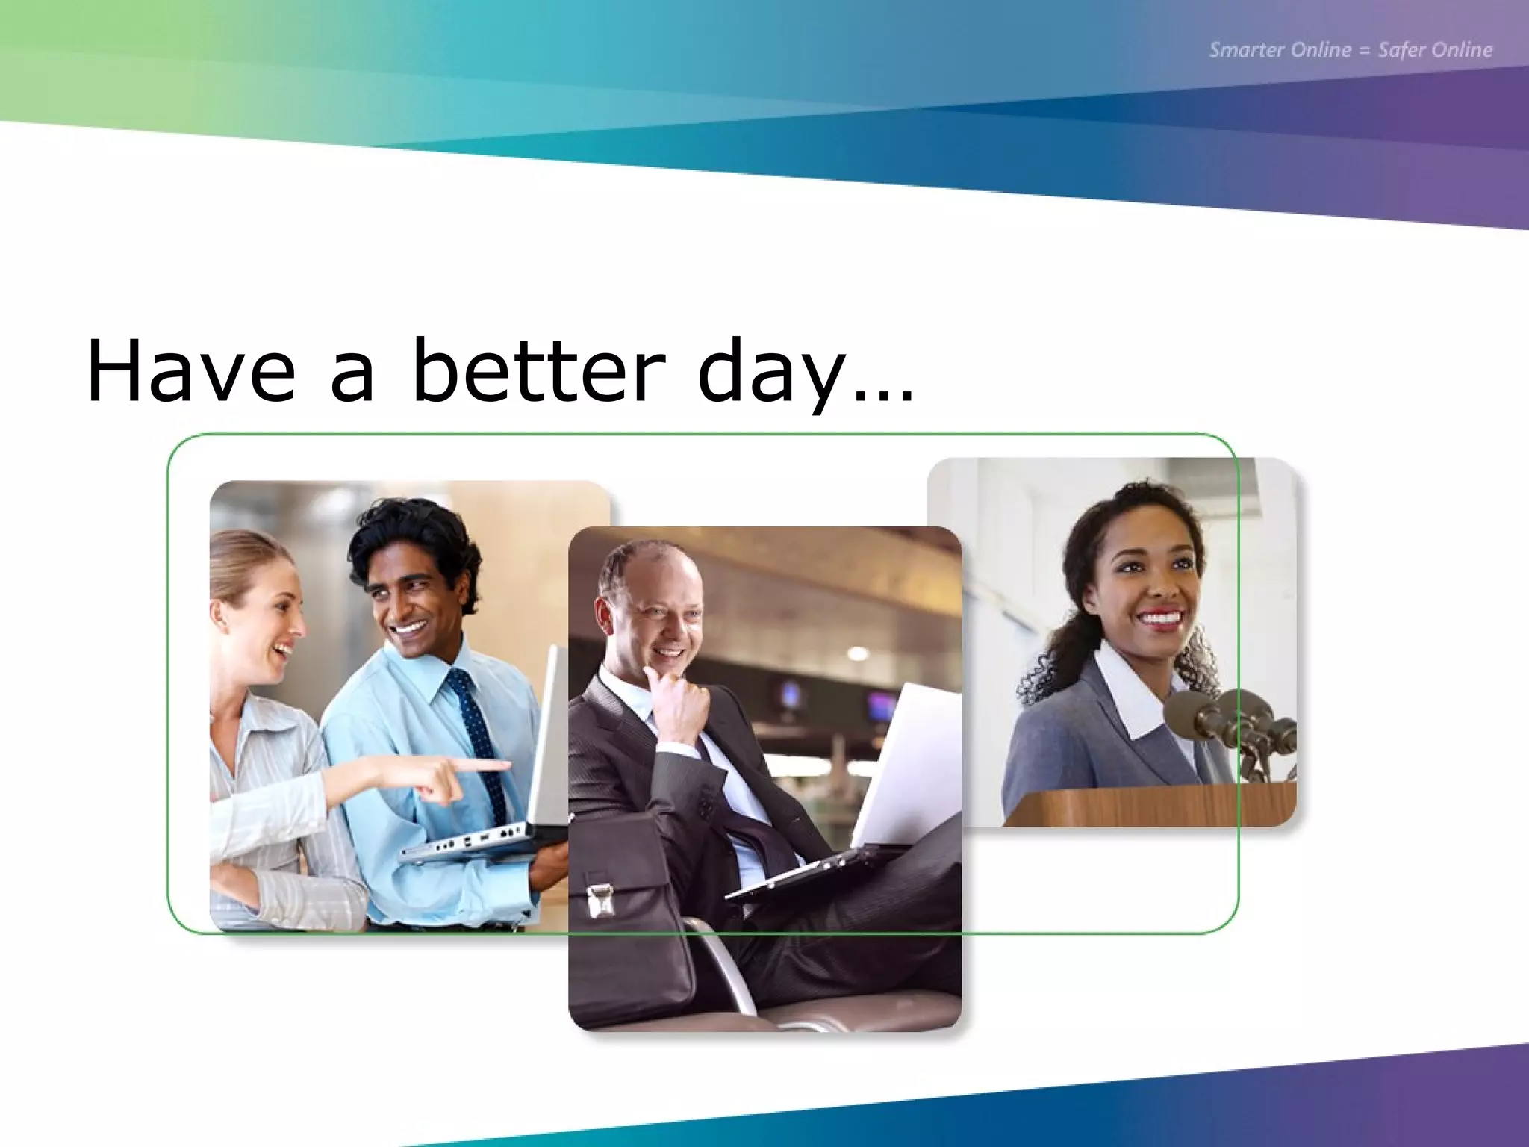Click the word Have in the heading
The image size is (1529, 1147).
point(191,372)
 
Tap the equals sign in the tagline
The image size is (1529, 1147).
point(1365,51)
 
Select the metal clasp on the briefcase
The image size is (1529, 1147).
point(600,899)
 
